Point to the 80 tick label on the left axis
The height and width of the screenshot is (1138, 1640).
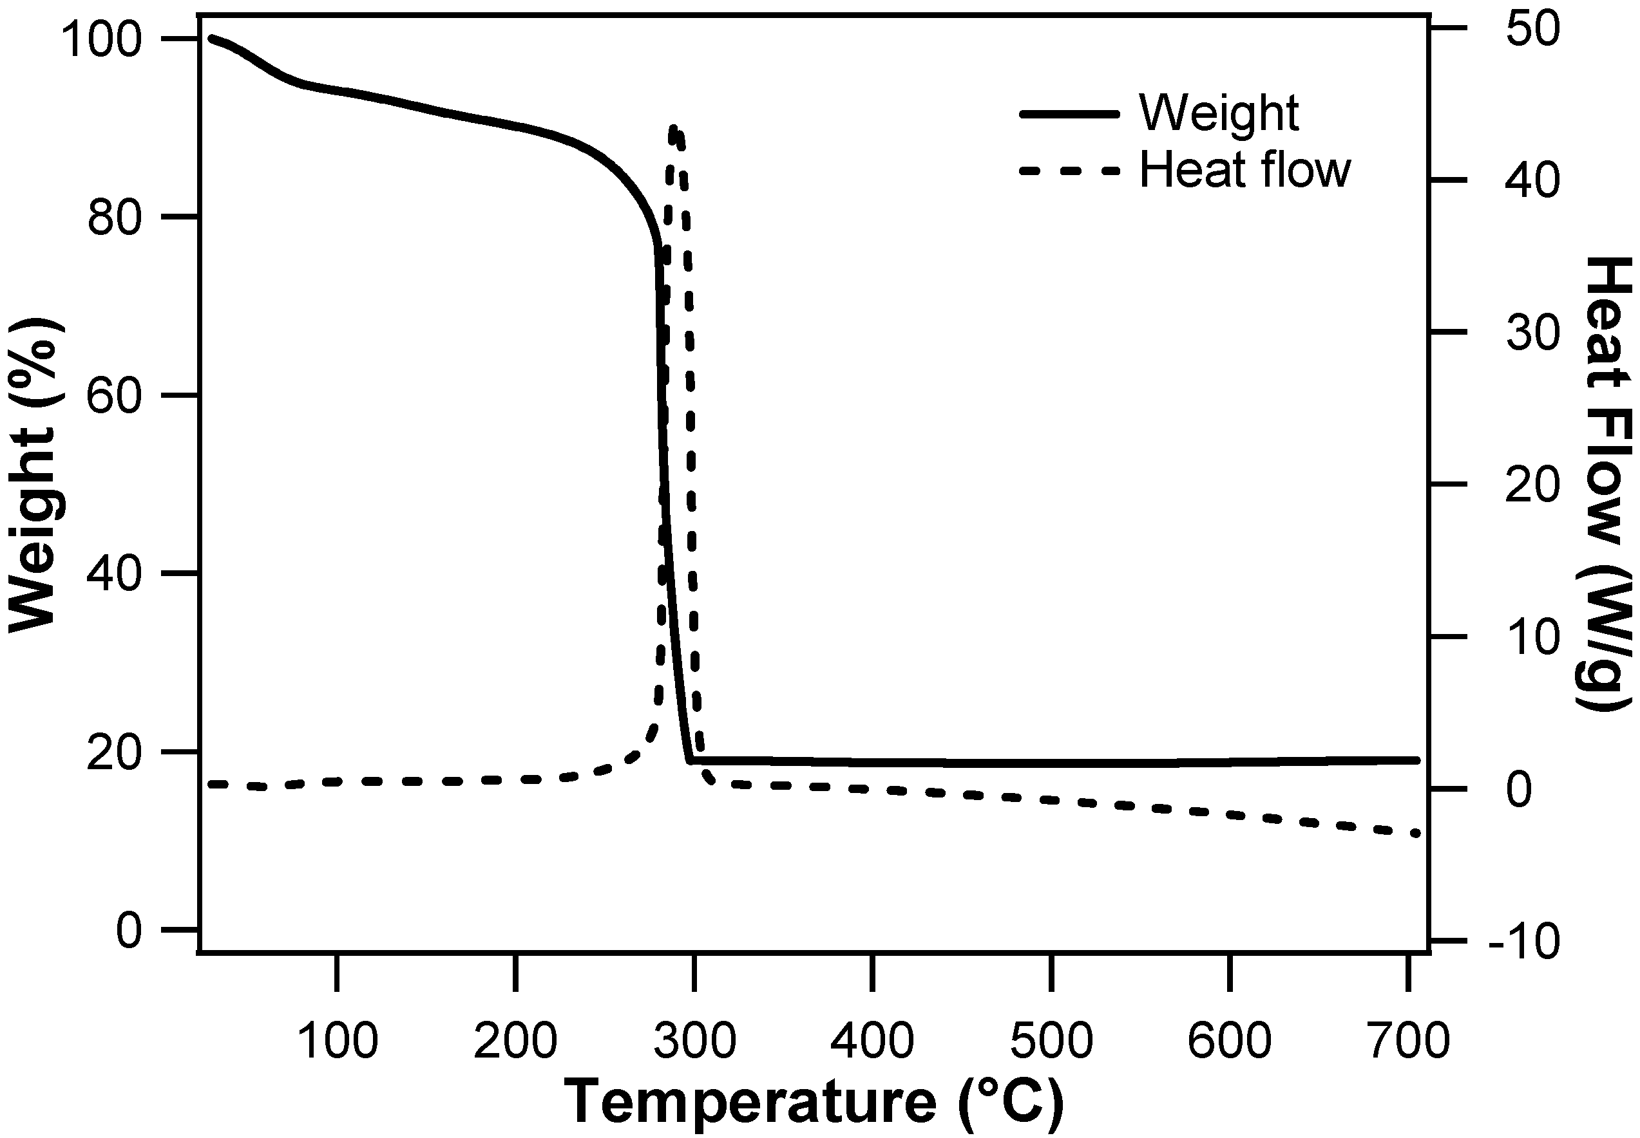114,218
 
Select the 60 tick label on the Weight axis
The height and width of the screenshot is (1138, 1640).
114,396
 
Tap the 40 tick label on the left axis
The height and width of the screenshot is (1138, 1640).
114,575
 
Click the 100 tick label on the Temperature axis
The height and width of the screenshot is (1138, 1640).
337,1040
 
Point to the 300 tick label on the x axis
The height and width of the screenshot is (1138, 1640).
694,1040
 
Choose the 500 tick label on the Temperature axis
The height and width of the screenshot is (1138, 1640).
1051,1040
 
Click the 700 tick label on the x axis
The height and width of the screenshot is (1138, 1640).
1409,1040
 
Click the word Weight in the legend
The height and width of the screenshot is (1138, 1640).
1219,113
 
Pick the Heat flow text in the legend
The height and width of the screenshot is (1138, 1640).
1244,171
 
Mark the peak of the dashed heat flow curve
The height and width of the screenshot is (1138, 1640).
673,128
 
